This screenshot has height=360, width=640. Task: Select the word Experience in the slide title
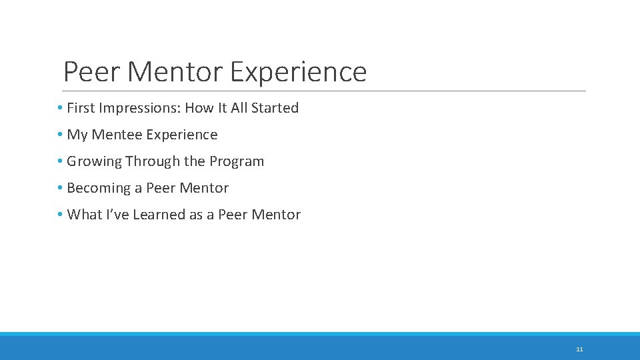(298, 72)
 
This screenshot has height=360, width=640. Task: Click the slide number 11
(579, 349)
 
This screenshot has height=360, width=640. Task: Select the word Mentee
(117, 135)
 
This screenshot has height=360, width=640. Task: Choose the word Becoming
(98, 188)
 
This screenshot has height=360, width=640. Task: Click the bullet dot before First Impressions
(60, 108)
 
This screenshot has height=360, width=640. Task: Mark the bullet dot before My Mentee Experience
(60, 135)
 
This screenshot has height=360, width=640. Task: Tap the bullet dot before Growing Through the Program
(60, 161)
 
